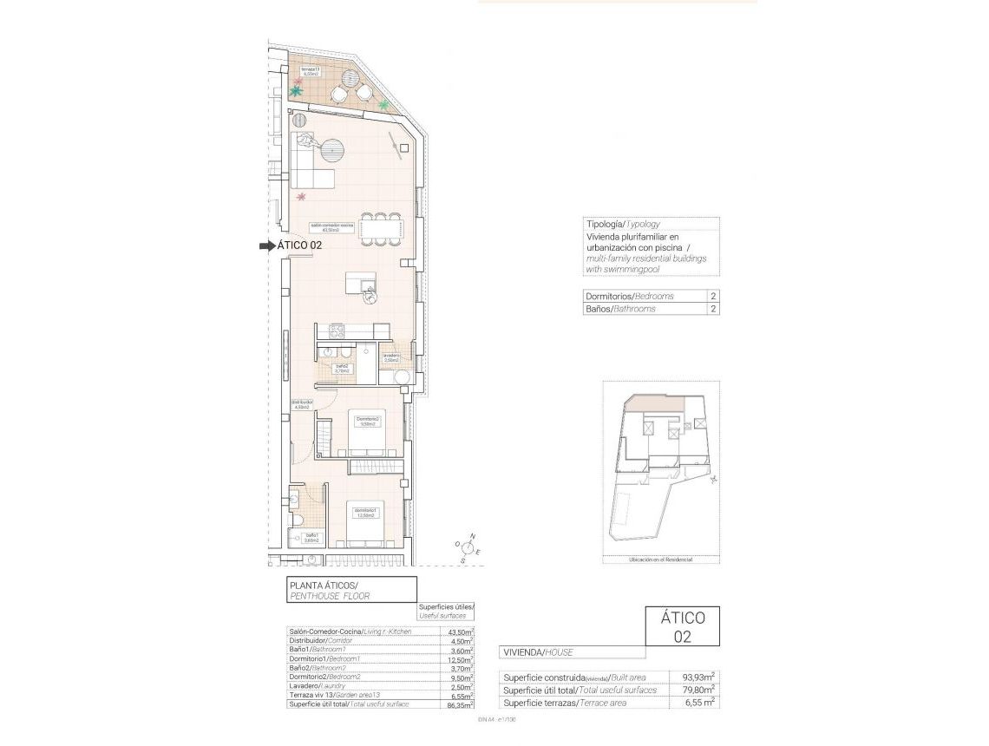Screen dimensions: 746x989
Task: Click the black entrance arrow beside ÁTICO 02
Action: tap(266, 246)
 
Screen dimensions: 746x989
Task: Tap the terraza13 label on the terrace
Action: tap(311, 71)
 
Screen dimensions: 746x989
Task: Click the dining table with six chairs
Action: tap(381, 229)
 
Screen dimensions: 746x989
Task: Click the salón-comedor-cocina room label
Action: tap(331, 227)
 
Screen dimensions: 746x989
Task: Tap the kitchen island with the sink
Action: tap(360, 285)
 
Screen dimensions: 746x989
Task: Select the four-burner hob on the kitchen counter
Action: tap(336, 330)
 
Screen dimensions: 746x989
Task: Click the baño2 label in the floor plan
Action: tap(343, 368)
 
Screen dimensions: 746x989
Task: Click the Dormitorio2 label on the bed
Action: tap(367, 422)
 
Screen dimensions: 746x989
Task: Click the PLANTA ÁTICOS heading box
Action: tap(351, 590)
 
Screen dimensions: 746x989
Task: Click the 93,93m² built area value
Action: tap(697, 677)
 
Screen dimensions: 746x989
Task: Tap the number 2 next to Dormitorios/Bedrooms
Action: tap(712, 296)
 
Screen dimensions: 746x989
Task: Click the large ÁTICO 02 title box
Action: tap(683, 626)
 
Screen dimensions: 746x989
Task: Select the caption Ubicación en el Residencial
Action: tap(660, 560)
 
